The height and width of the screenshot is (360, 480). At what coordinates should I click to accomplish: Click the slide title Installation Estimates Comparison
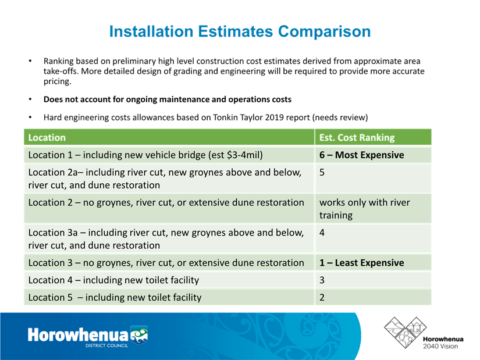click(240, 31)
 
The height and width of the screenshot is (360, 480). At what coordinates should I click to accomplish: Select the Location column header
click(47, 137)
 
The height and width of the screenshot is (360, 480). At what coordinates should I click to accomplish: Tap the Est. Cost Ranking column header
click(357, 137)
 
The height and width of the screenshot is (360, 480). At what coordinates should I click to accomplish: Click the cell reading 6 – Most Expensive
click(361, 155)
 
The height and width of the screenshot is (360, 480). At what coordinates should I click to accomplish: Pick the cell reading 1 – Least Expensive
click(361, 263)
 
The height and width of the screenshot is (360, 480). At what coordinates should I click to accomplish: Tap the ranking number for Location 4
click(322, 280)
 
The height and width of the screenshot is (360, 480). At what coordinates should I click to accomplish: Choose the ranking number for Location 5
click(322, 297)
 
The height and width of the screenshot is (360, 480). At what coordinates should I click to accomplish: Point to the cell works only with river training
click(364, 209)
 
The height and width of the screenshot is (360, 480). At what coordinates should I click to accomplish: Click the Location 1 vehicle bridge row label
click(145, 155)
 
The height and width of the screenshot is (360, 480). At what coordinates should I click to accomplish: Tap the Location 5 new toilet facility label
click(115, 297)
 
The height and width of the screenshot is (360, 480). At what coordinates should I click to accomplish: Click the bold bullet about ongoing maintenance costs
click(168, 99)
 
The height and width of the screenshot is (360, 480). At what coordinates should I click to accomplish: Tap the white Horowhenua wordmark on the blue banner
click(78, 334)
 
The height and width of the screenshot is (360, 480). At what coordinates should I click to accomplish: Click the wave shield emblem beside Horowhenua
click(139, 335)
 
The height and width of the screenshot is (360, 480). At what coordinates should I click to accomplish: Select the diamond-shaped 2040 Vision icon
click(406, 333)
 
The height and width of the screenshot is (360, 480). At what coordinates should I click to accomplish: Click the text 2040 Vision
click(440, 346)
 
